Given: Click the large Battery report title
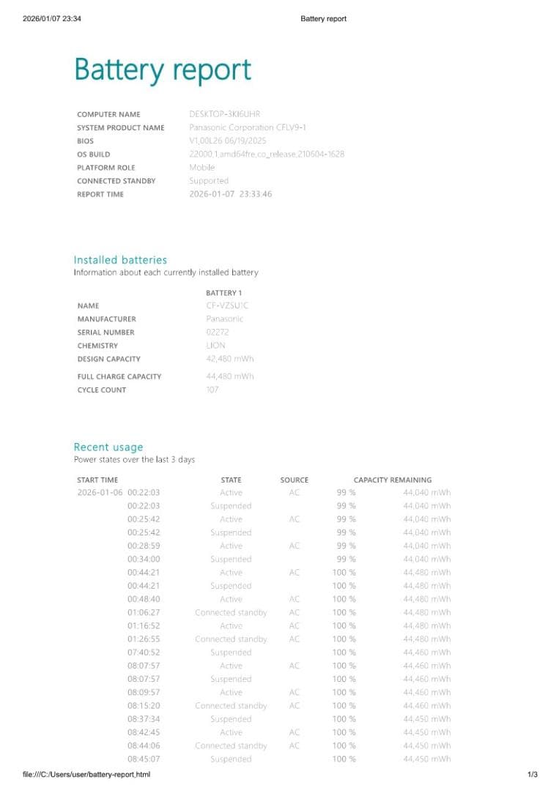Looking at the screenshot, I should (163, 70).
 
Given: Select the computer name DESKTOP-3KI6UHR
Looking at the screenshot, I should (224, 114).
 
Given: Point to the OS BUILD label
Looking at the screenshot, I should (94, 155).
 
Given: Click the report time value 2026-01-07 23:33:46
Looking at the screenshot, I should (230, 194).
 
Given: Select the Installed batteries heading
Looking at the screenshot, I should (120, 260).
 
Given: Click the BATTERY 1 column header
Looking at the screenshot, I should (223, 293).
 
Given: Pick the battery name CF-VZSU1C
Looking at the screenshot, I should (227, 305).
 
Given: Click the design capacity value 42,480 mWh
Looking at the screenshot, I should (230, 359).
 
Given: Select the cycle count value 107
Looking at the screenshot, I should (212, 390).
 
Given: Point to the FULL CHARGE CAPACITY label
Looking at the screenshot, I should (119, 376).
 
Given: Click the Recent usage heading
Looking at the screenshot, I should (108, 447).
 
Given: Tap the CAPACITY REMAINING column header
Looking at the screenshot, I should (392, 480).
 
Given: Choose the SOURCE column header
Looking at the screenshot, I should (294, 480).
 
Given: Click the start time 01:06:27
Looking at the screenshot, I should (143, 612).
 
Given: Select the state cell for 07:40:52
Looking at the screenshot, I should (231, 652).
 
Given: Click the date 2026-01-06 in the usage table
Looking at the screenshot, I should (100, 493).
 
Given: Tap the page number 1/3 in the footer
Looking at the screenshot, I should (533, 774).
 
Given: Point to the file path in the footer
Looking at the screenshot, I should (81, 774).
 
